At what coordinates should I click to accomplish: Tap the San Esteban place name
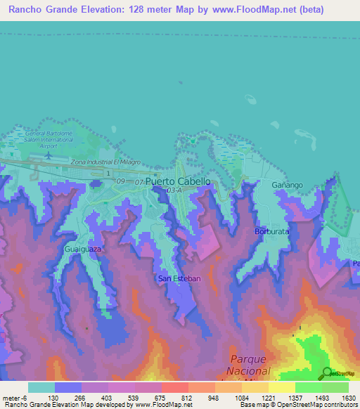(179, 278)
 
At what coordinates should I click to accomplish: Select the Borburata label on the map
(271, 231)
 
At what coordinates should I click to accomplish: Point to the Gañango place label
(286, 184)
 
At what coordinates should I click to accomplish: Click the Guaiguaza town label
(83, 249)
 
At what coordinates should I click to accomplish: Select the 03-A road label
(174, 190)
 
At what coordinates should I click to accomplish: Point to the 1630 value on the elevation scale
(340, 398)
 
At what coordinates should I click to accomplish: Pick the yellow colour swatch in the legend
(282, 387)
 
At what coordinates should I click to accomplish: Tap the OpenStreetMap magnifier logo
(328, 373)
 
